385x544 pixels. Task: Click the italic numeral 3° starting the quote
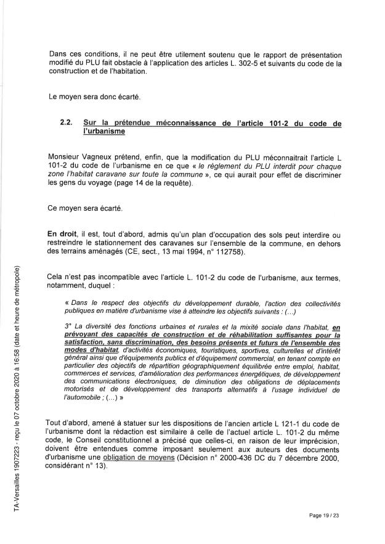[x=68, y=326]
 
